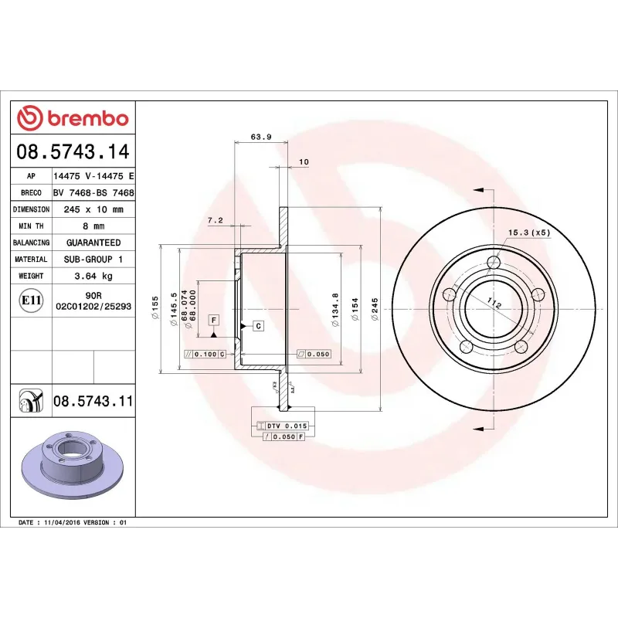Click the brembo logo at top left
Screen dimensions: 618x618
[73, 118]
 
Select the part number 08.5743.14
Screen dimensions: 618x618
[73, 151]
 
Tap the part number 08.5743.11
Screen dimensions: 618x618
[93, 401]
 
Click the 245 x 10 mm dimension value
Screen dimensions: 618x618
[93, 209]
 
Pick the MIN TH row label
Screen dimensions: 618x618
[31, 226]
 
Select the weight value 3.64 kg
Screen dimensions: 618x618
[93, 276]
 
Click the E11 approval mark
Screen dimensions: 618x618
[31, 300]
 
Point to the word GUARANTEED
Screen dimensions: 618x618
[93, 243]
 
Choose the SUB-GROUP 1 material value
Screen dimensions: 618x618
[93, 260]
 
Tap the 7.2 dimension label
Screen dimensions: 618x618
[216, 220]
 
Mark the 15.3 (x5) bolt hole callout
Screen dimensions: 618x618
[528, 232]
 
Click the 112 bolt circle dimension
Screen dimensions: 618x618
[494, 305]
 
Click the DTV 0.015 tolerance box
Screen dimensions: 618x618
[287, 426]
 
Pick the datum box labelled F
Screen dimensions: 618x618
[213, 319]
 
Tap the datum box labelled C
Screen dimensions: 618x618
[258, 326]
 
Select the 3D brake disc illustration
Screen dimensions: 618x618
[73, 463]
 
